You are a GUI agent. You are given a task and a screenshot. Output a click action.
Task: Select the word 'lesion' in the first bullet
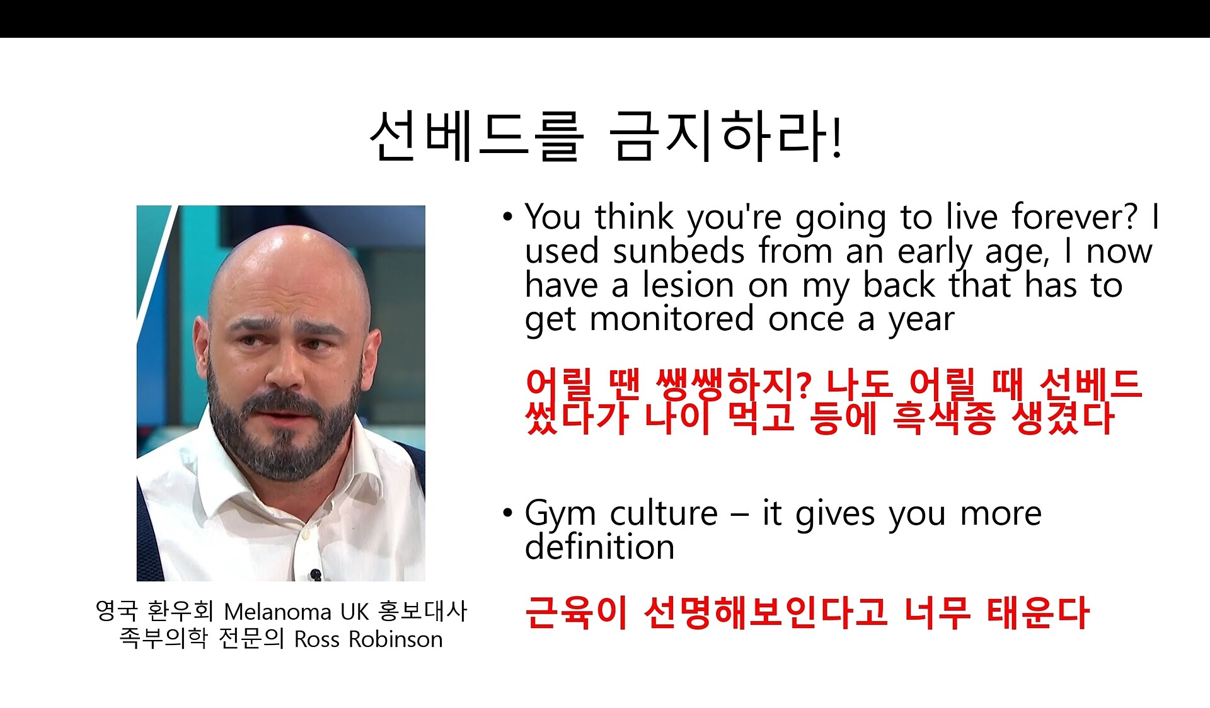(x=688, y=285)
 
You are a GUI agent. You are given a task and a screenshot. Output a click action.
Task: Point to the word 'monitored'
(x=671, y=319)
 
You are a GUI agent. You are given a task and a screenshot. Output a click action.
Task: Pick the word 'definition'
(x=599, y=546)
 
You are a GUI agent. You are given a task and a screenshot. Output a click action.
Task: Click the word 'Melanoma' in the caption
(x=277, y=612)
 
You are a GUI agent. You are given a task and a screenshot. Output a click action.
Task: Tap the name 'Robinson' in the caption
(x=396, y=639)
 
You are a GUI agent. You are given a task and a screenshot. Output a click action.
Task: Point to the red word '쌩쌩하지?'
(x=733, y=384)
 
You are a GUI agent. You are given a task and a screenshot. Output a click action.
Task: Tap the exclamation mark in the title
(x=836, y=136)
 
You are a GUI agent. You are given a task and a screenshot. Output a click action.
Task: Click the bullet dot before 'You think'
(x=507, y=217)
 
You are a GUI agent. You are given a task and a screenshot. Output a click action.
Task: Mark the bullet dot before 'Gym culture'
(x=507, y=513)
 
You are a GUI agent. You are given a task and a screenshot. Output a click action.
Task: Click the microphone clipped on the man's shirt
(x=316, y=574)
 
